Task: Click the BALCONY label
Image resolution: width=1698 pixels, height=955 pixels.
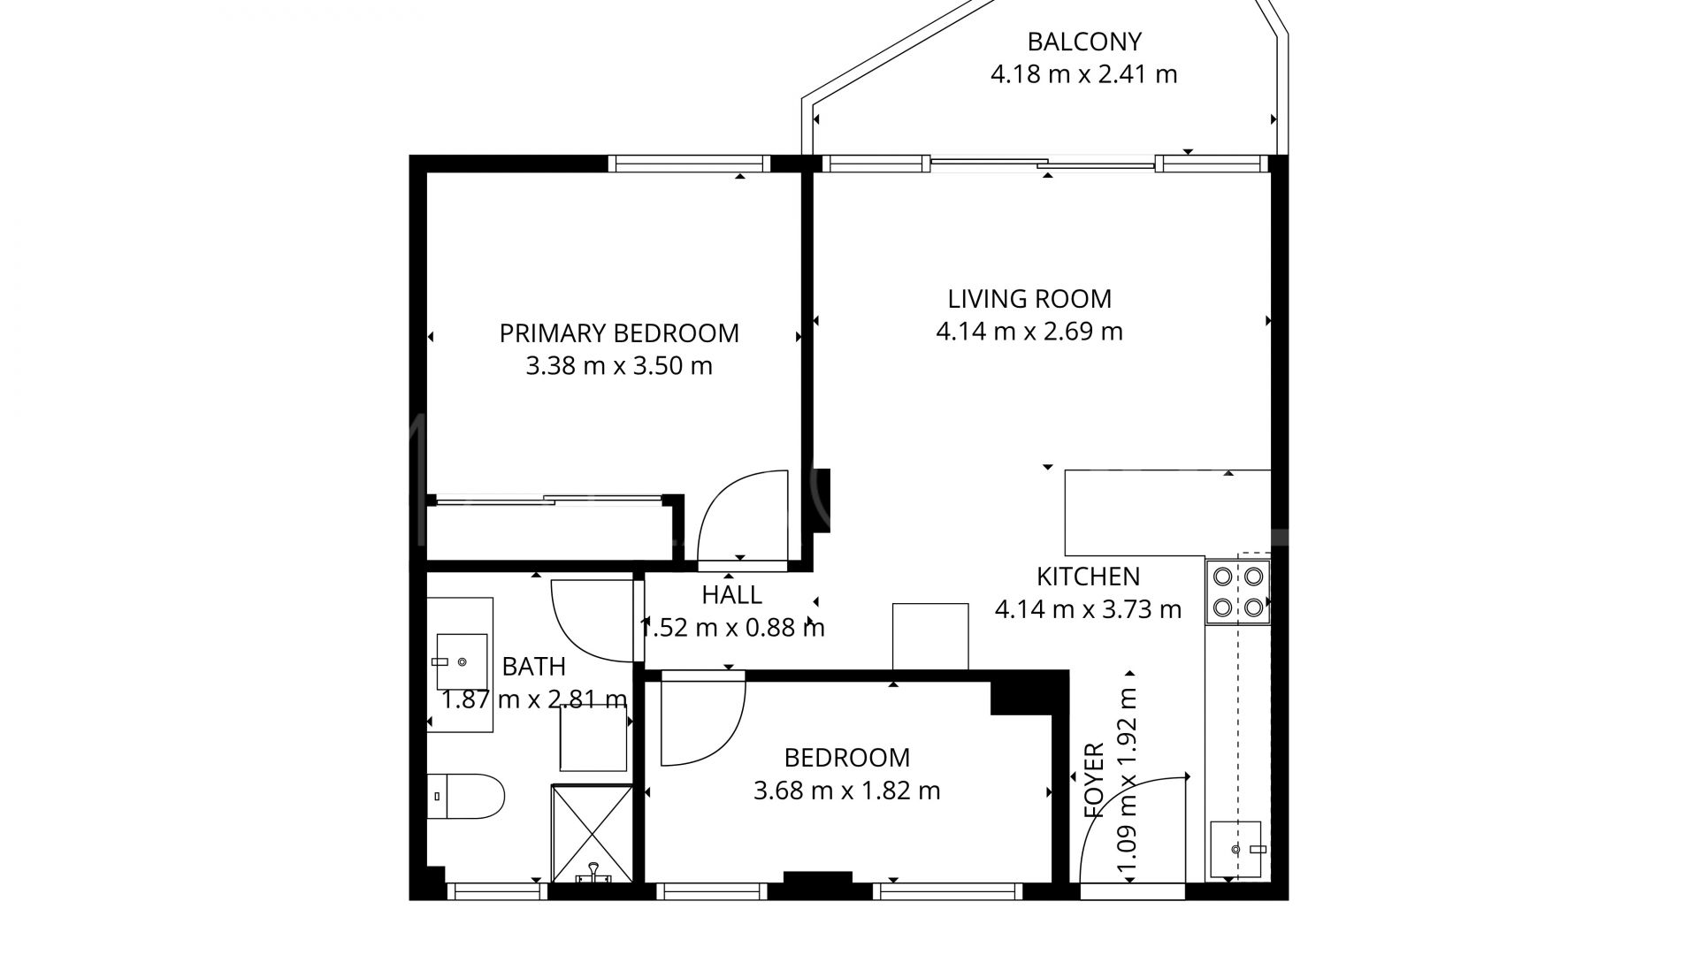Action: (1083, 42)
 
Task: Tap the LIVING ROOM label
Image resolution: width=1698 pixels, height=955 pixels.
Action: (1029, 299)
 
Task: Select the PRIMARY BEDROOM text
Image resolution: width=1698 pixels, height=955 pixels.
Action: (619, 333)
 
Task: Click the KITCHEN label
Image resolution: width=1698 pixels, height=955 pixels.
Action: (1088, 577)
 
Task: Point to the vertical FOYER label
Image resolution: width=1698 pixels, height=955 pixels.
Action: (1094, 780)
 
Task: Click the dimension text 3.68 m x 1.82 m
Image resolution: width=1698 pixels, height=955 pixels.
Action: (846, 791)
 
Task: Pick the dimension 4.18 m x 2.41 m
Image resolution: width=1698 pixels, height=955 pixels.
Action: (1083, 74)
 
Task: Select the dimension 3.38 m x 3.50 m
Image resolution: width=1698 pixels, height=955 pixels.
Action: (619, 366)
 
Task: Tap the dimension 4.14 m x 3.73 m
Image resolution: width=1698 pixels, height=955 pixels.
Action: (1088, 609)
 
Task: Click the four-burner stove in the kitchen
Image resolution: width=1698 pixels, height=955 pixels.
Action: (1238, 592)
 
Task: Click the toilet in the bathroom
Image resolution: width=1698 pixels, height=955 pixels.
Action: (465, 796)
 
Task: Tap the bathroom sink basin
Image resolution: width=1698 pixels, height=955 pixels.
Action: (462, 661)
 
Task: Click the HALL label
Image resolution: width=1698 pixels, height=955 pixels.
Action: (731, 595)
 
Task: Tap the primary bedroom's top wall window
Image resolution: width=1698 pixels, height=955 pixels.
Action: (690, 164)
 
